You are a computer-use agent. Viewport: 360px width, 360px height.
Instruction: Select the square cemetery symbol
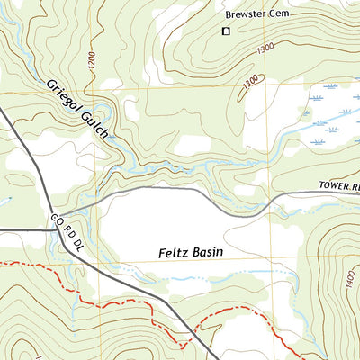pyautogui.click(x=226, y=31)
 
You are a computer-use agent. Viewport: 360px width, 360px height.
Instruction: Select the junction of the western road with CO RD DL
pyautogui.click(x=51, y=230)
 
